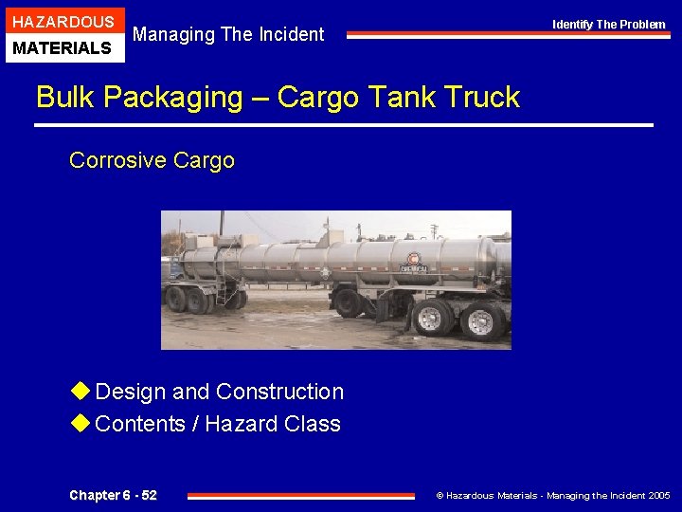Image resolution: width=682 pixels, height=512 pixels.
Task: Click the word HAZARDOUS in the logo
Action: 63,21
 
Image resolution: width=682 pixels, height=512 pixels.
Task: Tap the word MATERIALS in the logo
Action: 63,47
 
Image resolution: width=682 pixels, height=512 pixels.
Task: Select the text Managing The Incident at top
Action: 228,35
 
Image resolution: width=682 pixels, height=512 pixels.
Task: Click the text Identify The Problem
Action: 609,25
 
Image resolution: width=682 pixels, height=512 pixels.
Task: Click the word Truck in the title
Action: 478,98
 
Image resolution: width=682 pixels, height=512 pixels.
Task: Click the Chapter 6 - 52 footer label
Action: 114,495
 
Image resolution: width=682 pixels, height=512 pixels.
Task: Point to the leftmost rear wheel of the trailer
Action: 176,299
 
